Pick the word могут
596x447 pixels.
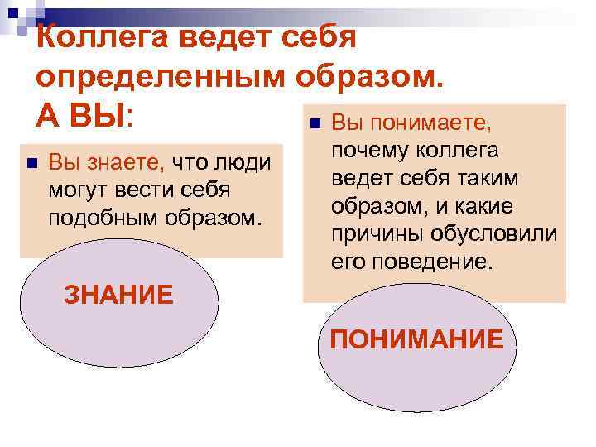(80, 190)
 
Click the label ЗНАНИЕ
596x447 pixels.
(118, 294)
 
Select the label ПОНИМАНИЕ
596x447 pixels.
(416, 339)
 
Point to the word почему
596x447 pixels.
(365, 151)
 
